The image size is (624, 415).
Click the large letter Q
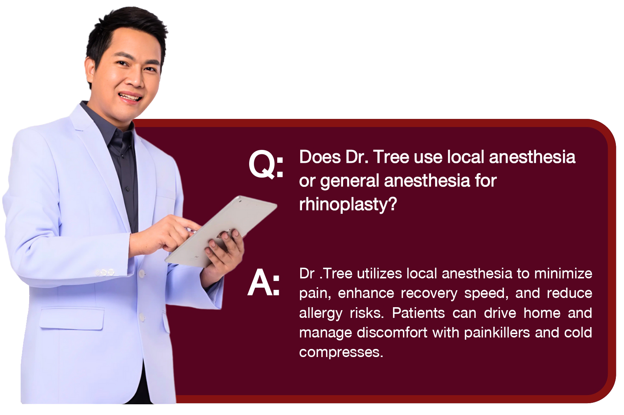261,164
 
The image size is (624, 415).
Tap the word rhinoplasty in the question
347,205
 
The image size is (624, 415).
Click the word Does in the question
320,157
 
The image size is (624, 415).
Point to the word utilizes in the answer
379,274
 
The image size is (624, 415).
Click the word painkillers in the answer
497,333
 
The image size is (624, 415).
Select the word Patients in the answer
418,313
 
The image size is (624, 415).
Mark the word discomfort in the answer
392,333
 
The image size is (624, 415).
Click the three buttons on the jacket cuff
105,272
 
